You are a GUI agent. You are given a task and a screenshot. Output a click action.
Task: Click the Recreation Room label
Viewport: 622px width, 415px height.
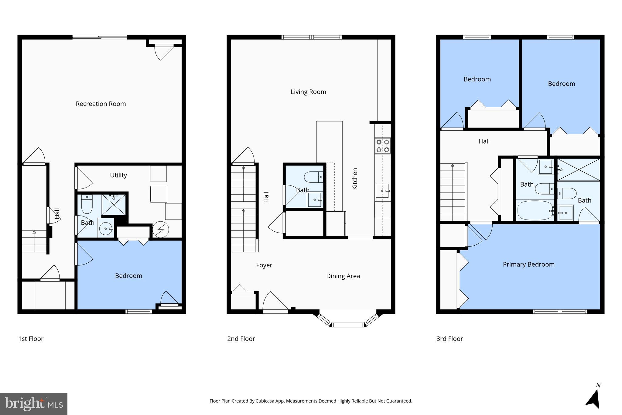[101, 104]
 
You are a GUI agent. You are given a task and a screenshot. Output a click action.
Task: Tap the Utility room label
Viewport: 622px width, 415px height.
[118, 175]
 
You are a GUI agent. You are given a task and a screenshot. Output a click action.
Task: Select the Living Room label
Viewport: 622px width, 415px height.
[308, 92]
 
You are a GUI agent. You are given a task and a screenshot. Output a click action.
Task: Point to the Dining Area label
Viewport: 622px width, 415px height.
[343, 276]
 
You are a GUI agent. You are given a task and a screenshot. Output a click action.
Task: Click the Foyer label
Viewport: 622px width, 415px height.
[264, 265]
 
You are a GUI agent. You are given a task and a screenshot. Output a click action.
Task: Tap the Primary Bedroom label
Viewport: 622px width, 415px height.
[528, 265]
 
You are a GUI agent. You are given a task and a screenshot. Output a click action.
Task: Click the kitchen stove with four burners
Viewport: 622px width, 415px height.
[383, 146]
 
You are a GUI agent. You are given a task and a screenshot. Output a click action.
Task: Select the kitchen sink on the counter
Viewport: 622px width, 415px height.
[382, 191]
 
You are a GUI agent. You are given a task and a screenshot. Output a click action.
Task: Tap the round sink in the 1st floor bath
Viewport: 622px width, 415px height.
[106, 228]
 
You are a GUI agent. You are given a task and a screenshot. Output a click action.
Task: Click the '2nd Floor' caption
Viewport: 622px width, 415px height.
[241, 339]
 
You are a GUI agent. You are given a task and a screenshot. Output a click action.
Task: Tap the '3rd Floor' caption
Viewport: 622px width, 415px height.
[449, 339]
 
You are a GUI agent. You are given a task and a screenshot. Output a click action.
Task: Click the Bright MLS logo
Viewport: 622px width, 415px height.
[34, 404]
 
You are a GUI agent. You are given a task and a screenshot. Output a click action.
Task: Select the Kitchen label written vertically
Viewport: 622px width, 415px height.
[355, 179]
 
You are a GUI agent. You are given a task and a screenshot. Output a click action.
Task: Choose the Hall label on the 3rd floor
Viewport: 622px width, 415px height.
[484, 141]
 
